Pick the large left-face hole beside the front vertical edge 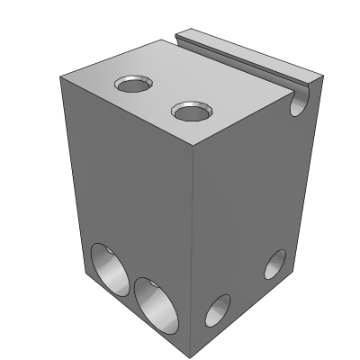point(154,303)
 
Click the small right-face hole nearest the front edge point(218,310)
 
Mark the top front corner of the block point(198,147)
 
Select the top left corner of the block point(58,77)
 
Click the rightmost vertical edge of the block point(305,180)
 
